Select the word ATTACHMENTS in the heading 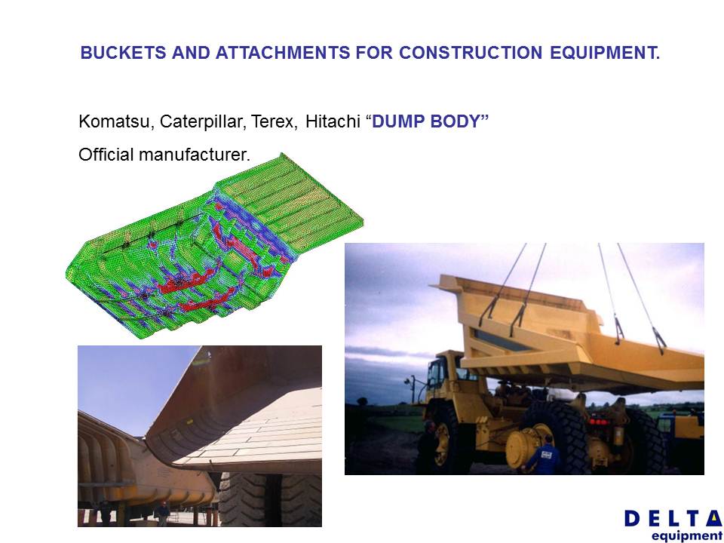click(283, 53)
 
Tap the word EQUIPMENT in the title click(605, 53)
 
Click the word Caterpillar click(203, 121)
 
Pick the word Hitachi click(333, 121)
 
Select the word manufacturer click(195, 154)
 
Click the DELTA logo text click(673, 519)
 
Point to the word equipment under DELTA click(686, 536)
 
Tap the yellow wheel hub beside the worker click(524, 446)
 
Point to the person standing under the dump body click(163, 514)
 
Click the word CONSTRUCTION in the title click(471, 53)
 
